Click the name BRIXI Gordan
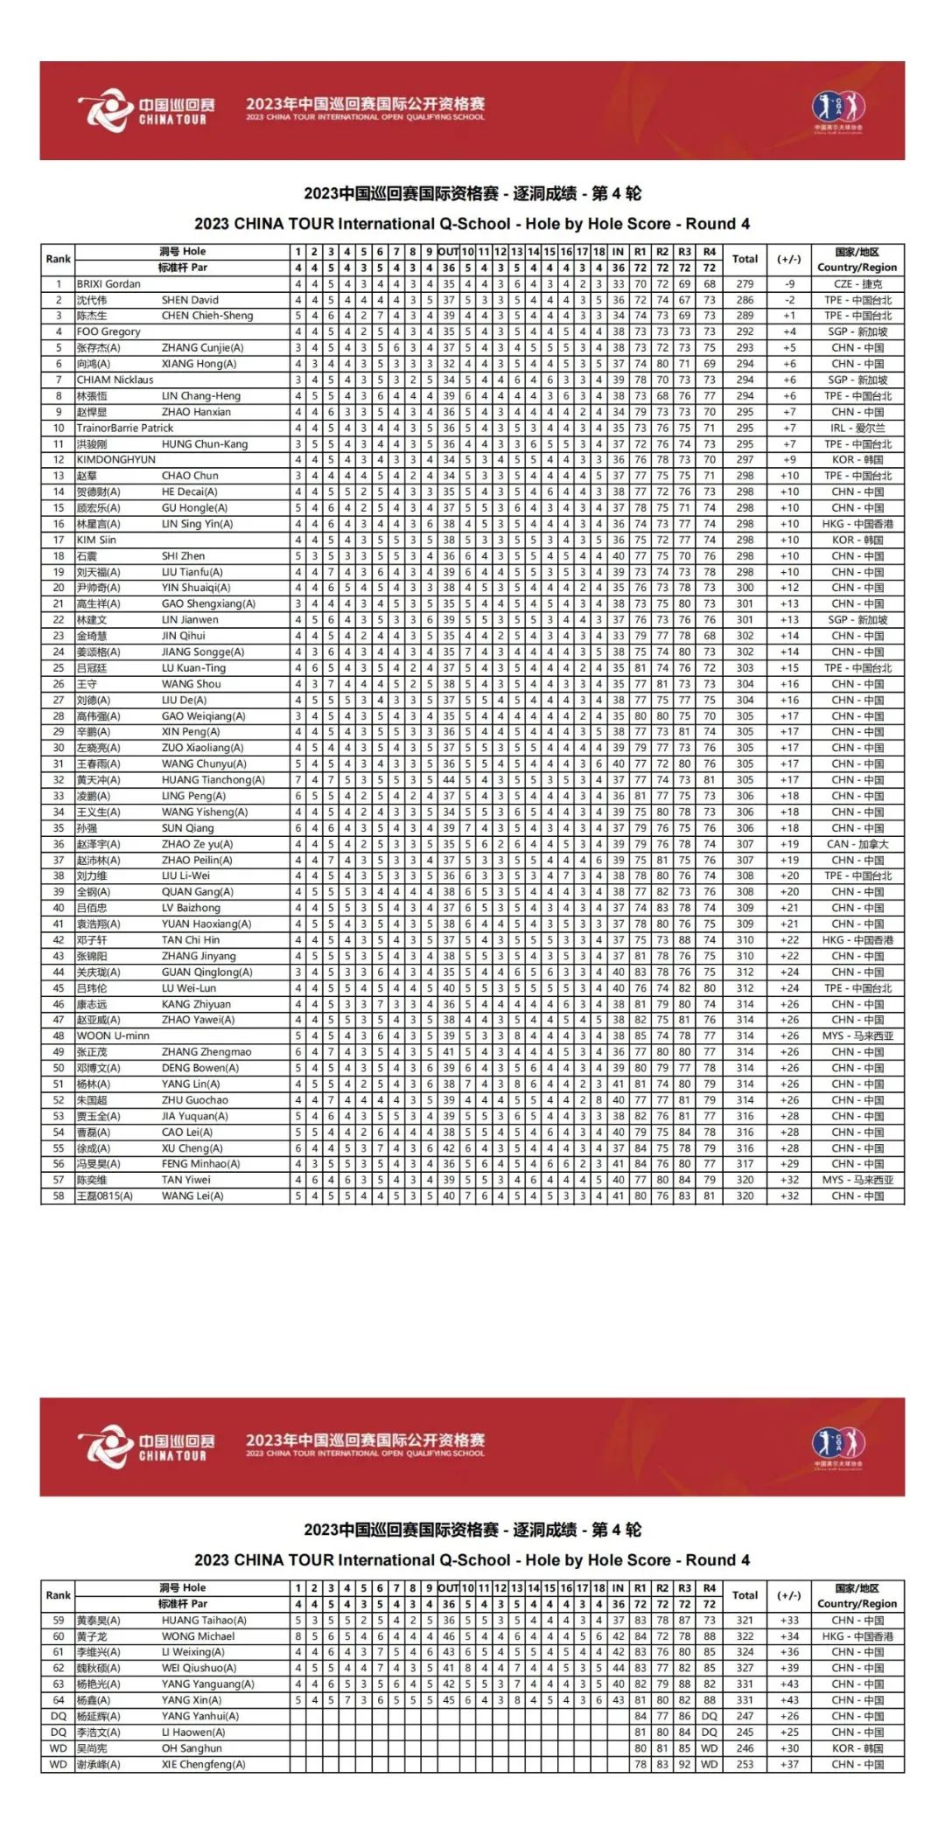[108, 284]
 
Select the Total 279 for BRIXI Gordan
[745, 284]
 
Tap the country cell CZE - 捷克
[857, 284]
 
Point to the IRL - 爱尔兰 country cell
[857, 429]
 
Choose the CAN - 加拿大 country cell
[857, 844]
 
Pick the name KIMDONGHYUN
[115, 460]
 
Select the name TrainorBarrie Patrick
[125, 429]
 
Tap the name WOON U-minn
[113, 1036]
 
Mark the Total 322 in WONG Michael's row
[745, 1636]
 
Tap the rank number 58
[59, 1196]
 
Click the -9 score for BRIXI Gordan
[789, 284]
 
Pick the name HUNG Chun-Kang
[205, 444]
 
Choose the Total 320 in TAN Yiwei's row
[745, 1180]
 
